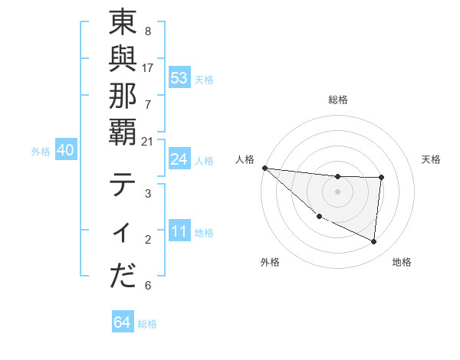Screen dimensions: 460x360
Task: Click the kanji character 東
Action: pos(123,25)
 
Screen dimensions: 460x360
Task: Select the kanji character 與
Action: pos(123,66)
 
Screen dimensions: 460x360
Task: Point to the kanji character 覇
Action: pos(123,142)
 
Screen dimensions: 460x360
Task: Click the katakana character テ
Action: pos(123,187)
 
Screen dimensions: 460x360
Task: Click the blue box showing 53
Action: pos(179,78)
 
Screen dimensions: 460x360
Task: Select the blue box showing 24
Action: pos(179,159)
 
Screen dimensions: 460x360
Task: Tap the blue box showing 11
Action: pos(179,232)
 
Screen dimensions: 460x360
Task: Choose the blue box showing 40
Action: pos(66,151)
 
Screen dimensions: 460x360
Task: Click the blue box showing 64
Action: pos(123,322)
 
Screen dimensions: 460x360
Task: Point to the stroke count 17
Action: pos(148,67)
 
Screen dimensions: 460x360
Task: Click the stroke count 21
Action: pos(148,142)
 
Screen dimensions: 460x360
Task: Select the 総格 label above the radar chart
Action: pos(338,100)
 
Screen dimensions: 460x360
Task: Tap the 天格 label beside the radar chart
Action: pos(432,159)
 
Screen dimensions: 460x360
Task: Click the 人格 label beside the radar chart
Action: pos(245,159)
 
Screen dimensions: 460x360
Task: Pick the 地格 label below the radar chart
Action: pos(402,262)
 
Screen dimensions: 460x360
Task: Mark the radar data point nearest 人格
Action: pos(264,168)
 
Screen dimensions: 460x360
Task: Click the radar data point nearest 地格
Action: pos(374,241)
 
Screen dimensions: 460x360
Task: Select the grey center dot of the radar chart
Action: pos(338,191)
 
